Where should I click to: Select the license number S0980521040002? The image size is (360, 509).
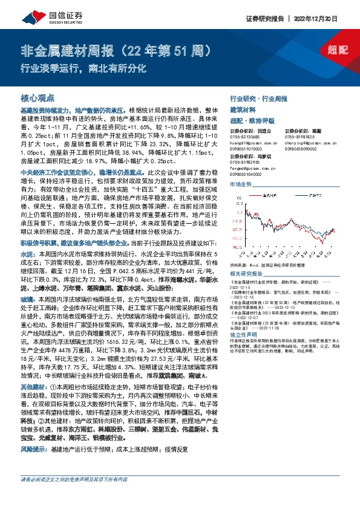247,174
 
